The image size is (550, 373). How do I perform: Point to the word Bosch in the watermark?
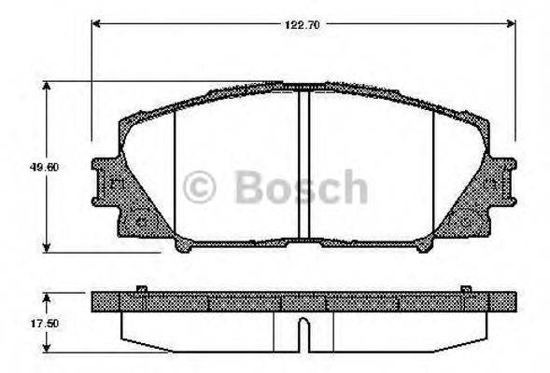pos(299,186)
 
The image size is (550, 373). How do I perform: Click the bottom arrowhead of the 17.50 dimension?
pos(49,352)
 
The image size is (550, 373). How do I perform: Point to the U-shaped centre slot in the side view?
pos(303,332)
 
